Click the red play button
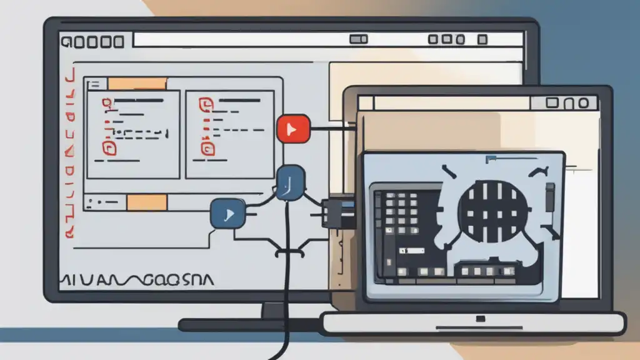point(292,129)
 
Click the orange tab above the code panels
point(137,84)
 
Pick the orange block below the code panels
point(146,202)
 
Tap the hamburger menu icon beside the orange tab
point(95,84)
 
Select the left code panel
point(133,134)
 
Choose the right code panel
point(230,134)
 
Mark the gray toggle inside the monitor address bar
point(358,40)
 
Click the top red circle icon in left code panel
point(107,102)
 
